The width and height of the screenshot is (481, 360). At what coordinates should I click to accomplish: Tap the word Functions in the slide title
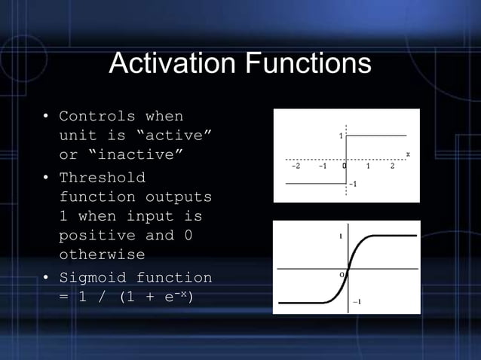[x=309, y=63]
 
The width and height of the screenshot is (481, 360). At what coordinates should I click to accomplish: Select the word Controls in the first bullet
[x=97, y=117]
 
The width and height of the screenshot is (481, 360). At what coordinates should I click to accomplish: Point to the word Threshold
[x=102, y=178]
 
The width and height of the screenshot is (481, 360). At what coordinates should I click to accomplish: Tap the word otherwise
[x=102, y=255]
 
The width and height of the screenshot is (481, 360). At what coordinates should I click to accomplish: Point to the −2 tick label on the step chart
[x=296, y=166]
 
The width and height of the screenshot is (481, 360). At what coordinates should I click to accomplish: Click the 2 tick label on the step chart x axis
[x=392, y=166]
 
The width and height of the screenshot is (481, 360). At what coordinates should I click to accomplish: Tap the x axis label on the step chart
[x=408, y=154]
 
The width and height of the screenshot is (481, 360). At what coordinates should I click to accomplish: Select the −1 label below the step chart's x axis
[x=352, y=183]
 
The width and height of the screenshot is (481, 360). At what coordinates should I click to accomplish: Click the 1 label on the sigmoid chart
[x=340, y=236]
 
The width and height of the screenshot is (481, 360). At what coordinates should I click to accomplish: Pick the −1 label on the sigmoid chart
[x=357, y=301]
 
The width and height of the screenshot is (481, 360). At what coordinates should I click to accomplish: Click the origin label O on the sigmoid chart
[x=341, y=275]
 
